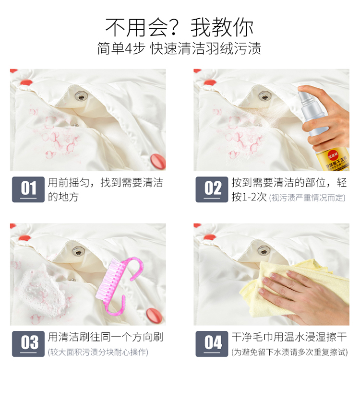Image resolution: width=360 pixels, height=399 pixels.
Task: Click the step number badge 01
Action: coord(28,189)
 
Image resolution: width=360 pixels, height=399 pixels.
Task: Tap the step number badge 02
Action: coord(212,189)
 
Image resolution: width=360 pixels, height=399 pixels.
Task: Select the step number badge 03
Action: coord(28,344)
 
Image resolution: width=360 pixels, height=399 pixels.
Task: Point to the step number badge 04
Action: coord(212,344)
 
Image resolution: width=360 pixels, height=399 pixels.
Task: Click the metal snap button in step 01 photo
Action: coord(81,96)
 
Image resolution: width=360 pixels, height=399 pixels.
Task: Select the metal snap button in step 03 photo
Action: coord(78,251)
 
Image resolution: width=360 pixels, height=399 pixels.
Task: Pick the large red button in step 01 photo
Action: coord(158,161)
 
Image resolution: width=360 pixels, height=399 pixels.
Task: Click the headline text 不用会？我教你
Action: coord(180,27)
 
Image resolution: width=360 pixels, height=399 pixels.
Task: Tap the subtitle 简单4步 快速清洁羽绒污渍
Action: coord(180,48)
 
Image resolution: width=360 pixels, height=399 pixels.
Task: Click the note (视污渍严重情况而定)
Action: coord(307,198)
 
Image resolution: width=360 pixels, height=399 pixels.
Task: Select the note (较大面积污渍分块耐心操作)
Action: coord(98,352)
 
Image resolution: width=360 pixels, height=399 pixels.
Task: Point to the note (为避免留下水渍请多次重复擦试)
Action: coord(289,352)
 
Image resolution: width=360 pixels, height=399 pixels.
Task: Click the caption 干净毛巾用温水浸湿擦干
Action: coord(289,337)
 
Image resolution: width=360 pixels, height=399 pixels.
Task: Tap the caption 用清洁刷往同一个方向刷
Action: coord(106,337)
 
